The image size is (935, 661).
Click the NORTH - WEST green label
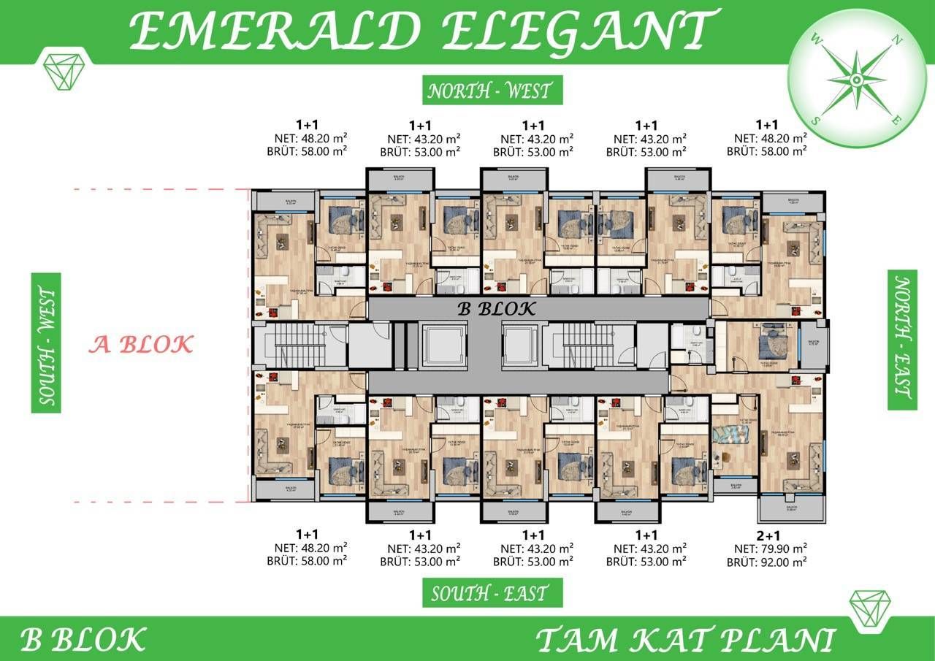[x=489, y=91]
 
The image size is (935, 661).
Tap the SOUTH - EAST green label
[x=492, y=593]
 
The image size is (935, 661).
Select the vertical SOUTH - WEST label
[x=46, y=343]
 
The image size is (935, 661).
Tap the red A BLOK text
[x=141, y=344]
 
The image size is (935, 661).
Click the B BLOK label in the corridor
[x=497, y=308]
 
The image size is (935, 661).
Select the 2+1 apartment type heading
[x=766, y=535]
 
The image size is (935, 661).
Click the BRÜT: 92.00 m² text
[x=766, y=562]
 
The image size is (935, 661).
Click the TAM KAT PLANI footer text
[x=684, y=640]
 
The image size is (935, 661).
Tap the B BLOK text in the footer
[x=83, y=639]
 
